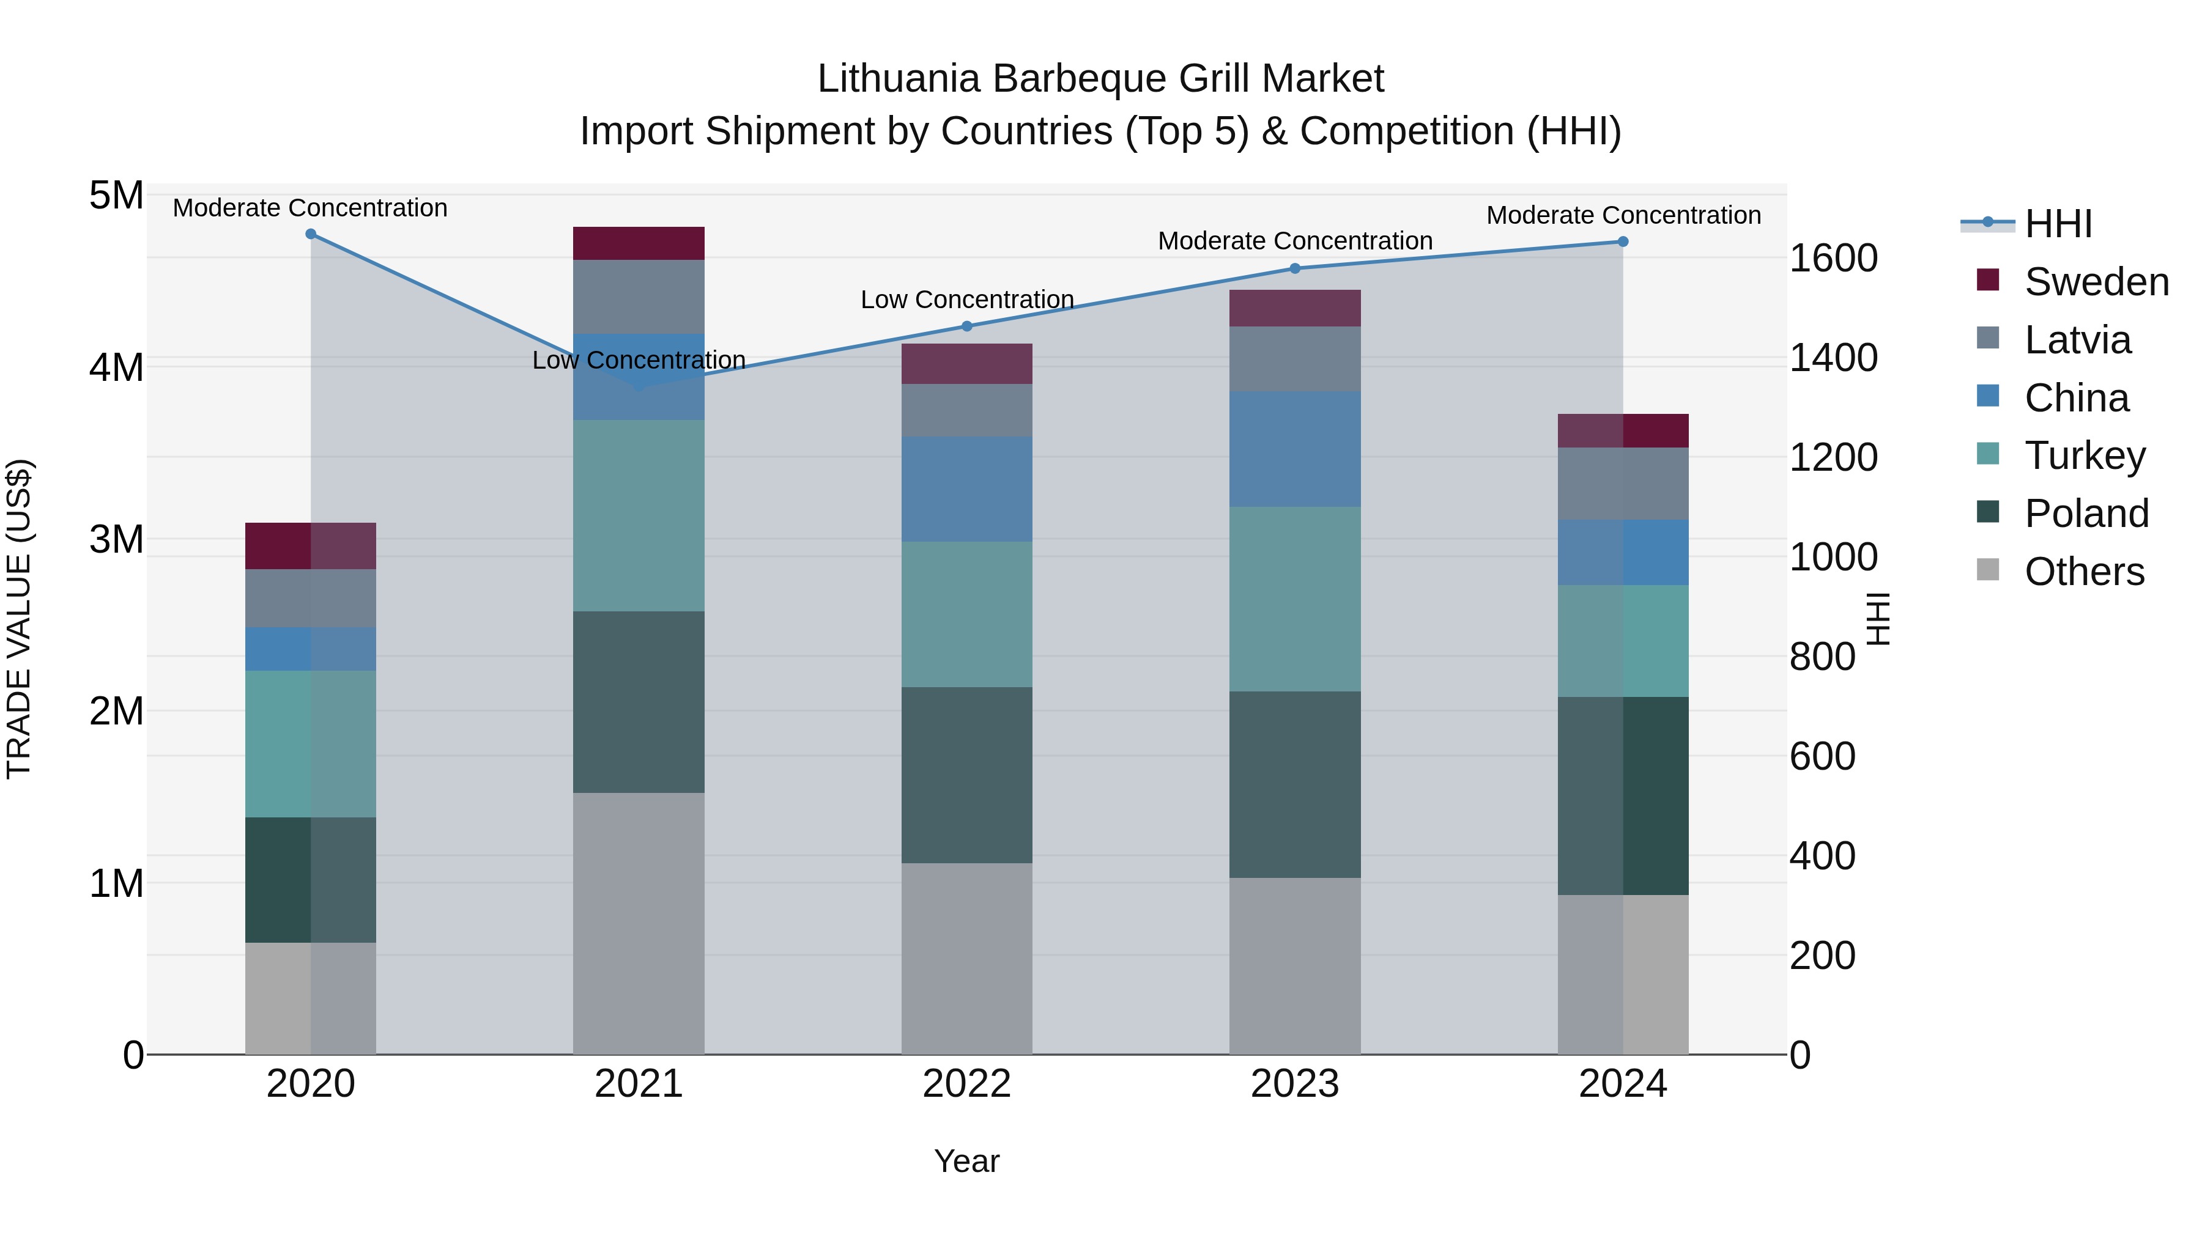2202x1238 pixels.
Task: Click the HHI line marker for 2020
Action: (310, 234)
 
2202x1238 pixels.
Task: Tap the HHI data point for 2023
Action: (1294, 268)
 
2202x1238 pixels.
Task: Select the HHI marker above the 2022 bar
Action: (967, 326)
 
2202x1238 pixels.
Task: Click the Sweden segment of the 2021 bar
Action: (639, 243)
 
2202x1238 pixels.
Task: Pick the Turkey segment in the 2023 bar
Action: (1294, 599)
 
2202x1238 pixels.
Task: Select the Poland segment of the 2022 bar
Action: (967, 775)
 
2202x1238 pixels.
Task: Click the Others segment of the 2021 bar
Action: (639, 923)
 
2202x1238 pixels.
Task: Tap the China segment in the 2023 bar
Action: (1294, 449)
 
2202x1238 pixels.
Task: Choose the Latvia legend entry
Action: (2077, 340)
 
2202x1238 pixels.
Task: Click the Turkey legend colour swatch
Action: (1989, 454)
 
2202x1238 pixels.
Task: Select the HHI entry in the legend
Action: (2058, 224)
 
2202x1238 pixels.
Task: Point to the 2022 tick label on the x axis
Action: (967, 1084)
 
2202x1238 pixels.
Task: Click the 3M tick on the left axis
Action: (117, 539)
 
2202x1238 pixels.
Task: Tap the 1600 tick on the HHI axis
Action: (1834, 258)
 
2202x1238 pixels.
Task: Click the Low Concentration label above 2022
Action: (967, 300)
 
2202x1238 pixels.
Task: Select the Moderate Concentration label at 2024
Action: (1623, 215)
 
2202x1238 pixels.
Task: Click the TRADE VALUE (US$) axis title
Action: (19, 619)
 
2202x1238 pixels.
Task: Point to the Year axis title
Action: (967, 1161)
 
